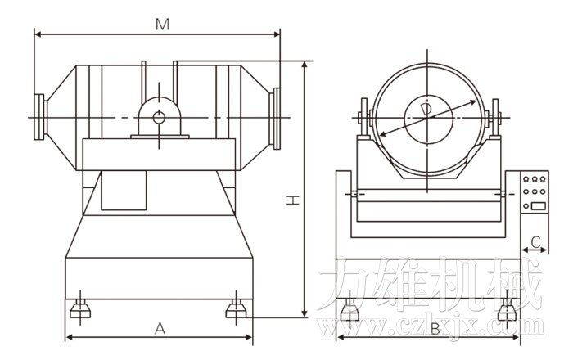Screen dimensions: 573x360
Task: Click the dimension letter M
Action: (162, 25)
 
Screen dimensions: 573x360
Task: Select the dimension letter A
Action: (160, 329)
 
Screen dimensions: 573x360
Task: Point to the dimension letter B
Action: (435, 330)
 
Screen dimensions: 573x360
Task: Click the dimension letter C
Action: (535, 241)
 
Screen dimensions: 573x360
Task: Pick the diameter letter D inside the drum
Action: (426, 110)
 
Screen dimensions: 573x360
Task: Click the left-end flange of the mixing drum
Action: (39, 117)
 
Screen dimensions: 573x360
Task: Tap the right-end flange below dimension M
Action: (277, 119)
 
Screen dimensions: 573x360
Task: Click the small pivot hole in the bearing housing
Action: (159, 118)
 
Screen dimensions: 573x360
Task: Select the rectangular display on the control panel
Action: (539, 205)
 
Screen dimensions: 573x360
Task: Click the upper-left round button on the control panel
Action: (526, 179)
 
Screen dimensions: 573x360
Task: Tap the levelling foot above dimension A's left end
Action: (80, 309)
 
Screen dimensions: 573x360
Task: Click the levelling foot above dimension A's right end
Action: (236, 309)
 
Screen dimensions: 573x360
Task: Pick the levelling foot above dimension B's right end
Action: (507, 310)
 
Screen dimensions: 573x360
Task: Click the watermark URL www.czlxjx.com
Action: (432, 326)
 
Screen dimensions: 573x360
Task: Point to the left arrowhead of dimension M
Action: (38, 34)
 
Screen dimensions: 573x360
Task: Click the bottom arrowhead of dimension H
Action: (305, 313)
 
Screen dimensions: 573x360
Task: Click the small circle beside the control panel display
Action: (526, 206)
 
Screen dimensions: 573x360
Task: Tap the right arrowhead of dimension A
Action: (249, 337)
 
